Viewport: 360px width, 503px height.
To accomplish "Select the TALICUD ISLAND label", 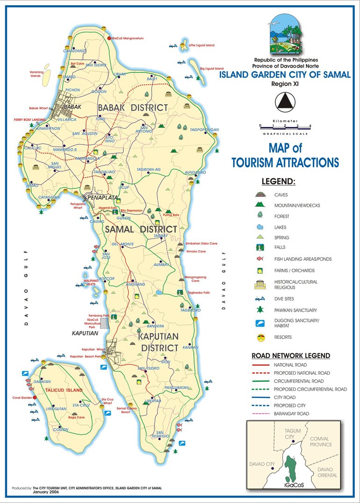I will (x=64, y=390).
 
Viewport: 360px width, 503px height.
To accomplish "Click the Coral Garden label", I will (x=21, y=398).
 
